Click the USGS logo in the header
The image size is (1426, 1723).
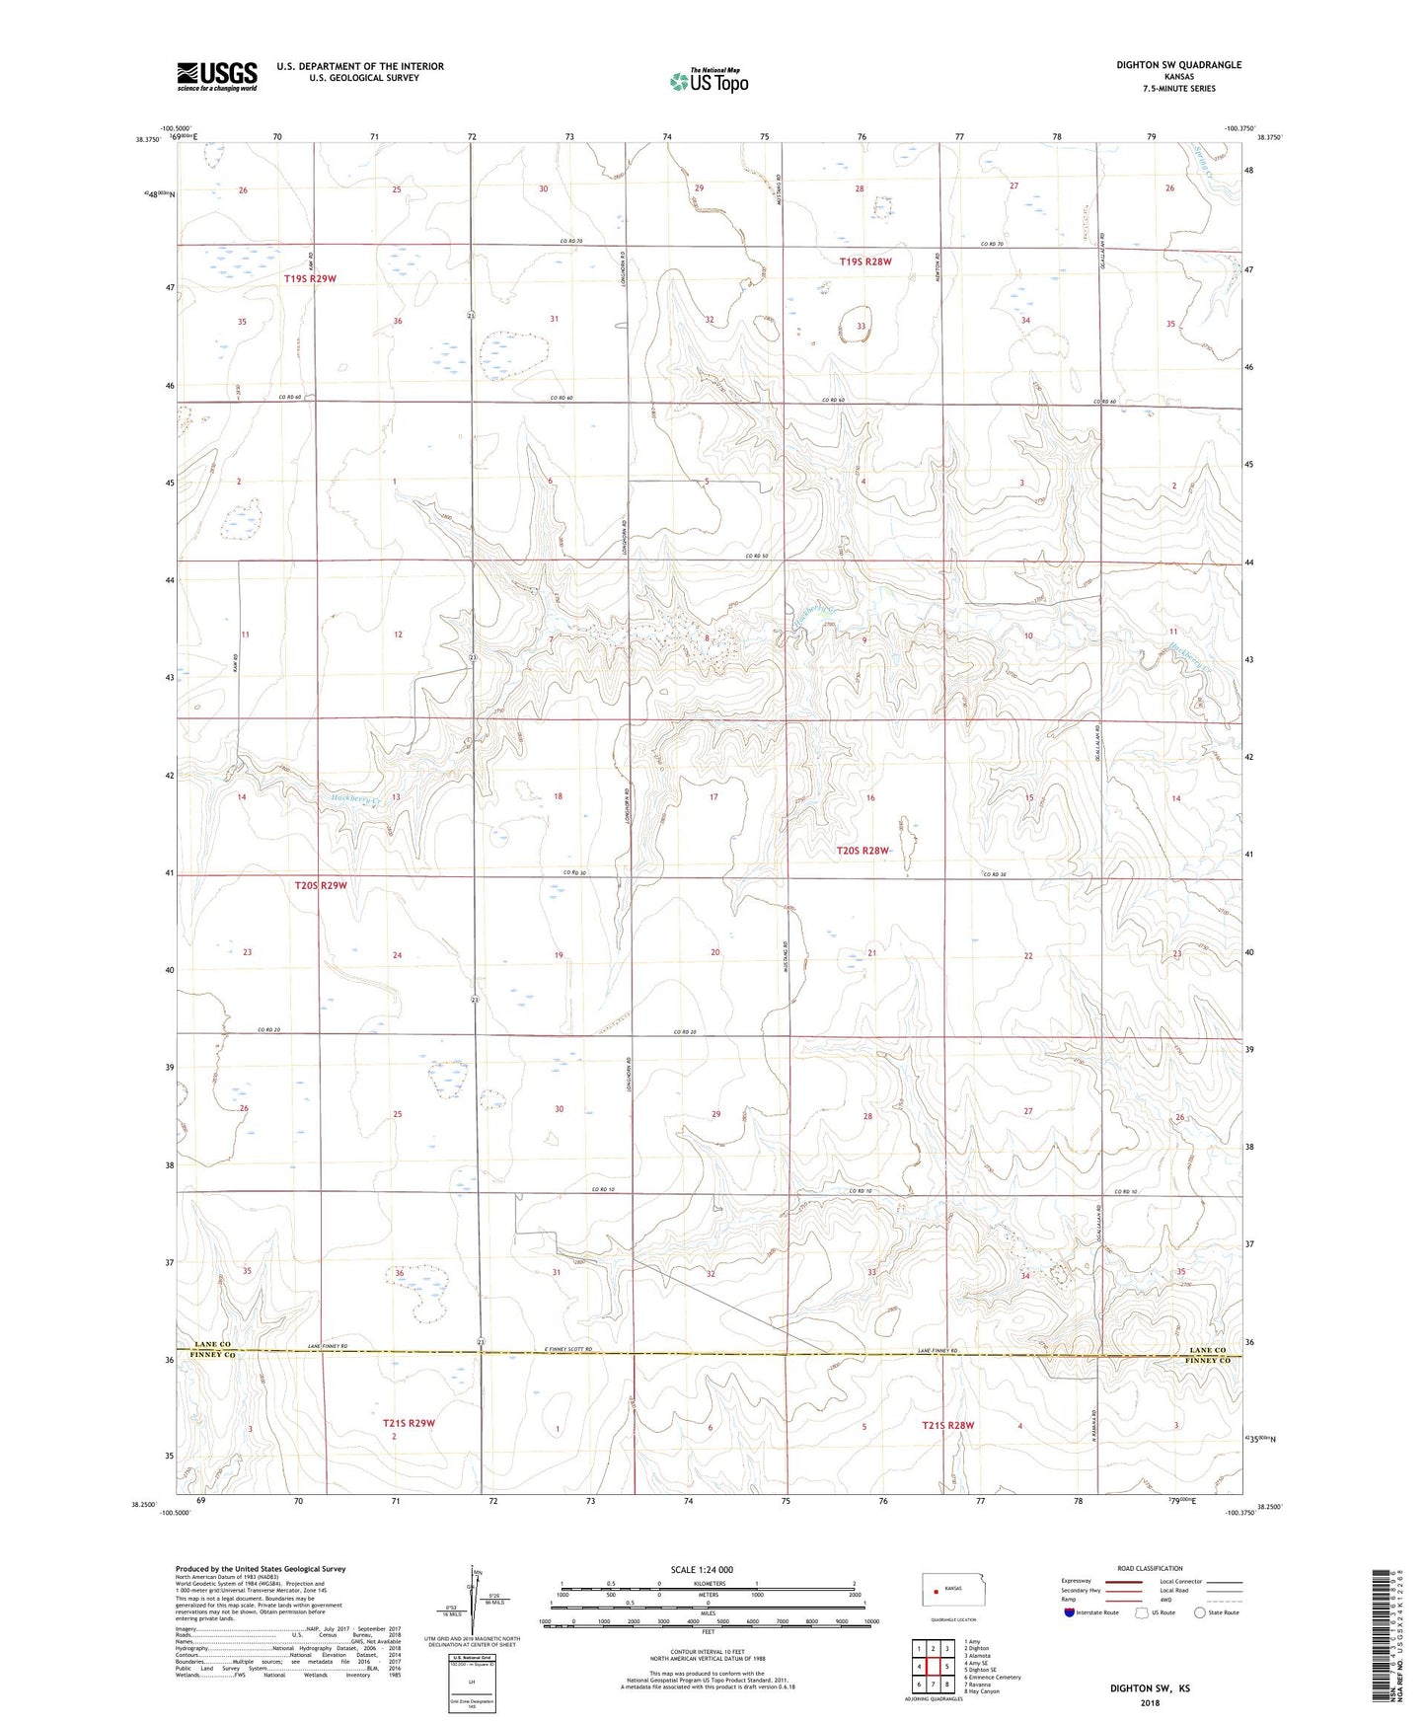click(217, 76)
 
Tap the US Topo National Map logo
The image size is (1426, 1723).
click(709, 81)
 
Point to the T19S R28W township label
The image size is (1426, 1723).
click(865, 262)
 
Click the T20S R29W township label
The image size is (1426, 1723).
click(321, 885)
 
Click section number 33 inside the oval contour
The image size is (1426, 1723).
click(861, 326)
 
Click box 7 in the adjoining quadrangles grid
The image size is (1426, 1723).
click(933, 1684)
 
